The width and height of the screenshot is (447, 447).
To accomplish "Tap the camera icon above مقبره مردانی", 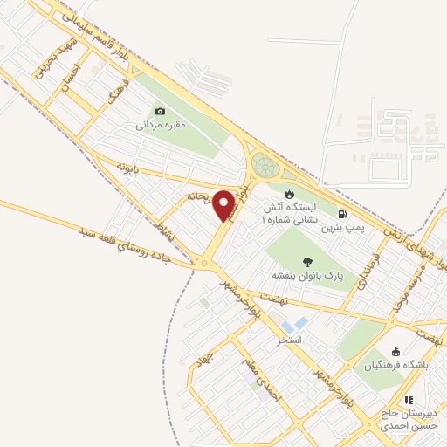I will (x=160, y=111).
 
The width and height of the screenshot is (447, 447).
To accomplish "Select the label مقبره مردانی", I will (x=160, y=126).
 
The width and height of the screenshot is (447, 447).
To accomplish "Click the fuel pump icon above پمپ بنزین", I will (x=340, y=214).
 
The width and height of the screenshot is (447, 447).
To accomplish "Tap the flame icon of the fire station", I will (x=290, y=194).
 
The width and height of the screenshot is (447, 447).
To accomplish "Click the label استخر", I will (x=289, y=338).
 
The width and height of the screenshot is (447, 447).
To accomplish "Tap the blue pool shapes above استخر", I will (x=295, y=324).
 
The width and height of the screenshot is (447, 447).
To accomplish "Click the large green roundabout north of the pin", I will (x=265, y=164).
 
